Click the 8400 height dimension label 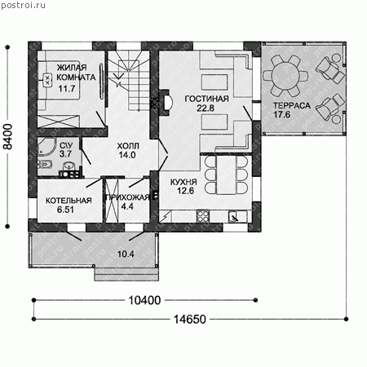(8, 136)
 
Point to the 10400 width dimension (144, 300)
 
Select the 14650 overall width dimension (190, 319)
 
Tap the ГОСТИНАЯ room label (206, 99)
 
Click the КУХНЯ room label (183, 182)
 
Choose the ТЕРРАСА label (292, 105)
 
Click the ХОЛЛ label (128, 146)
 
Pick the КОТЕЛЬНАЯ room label (69, 201)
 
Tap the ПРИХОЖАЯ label (127, 197)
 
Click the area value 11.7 (67, 89)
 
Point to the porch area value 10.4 (126, 254)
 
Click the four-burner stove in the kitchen (203, 216)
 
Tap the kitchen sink (234, 217)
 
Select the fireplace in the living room (166, 103)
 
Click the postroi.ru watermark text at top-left (24, 6)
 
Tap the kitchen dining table (226, 175)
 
